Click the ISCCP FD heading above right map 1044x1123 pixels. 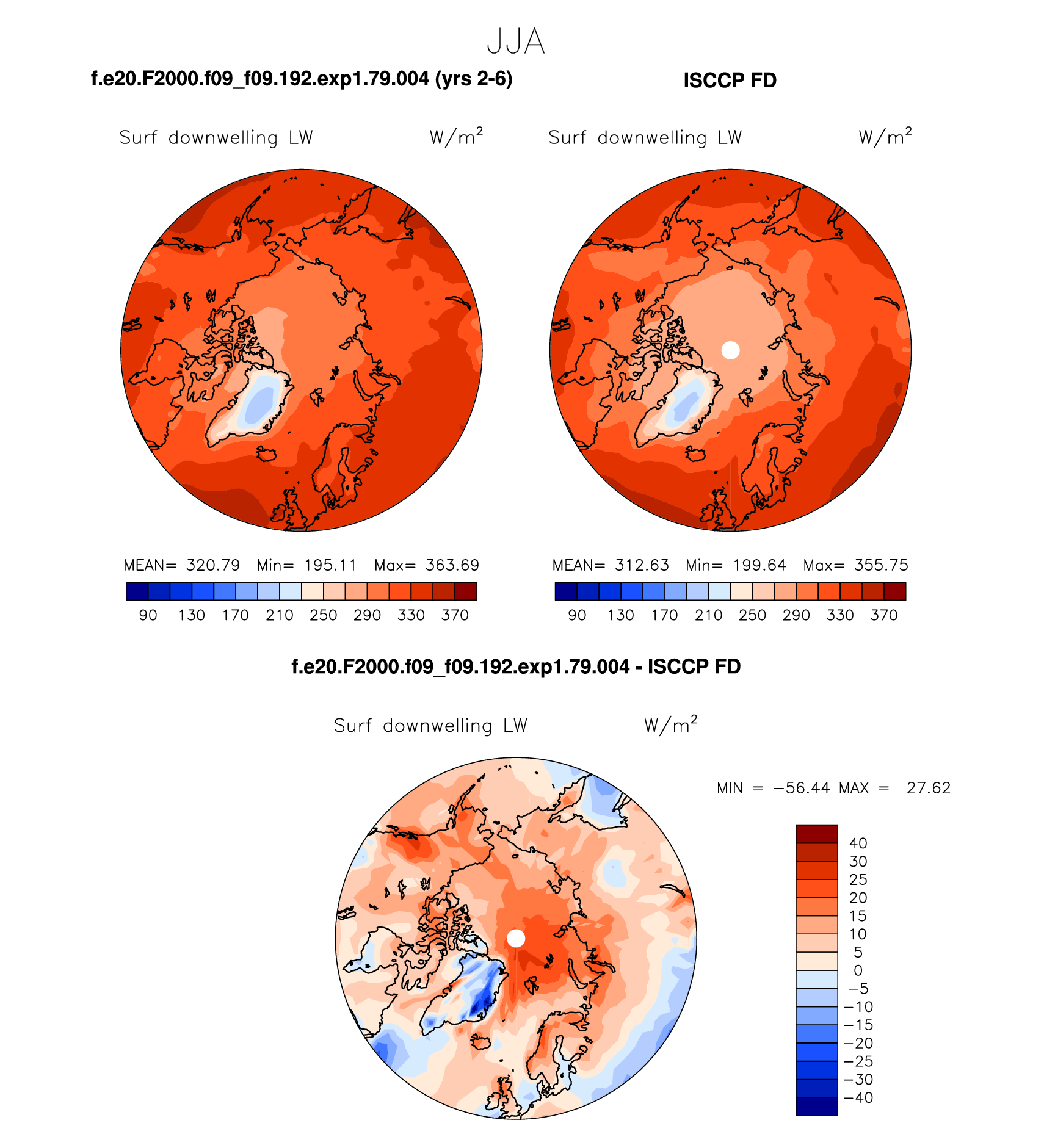pos(730,81)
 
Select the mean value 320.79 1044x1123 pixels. pos(213,565)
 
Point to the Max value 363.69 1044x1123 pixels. pos(452,565)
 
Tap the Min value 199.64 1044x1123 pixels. pos(759,565)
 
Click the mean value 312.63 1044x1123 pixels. pos(642,565)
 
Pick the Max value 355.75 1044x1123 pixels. pos(881,565)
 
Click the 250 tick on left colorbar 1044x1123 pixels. pos(323,615)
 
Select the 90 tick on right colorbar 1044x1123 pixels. pos(577,615)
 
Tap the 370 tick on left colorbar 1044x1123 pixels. pos(455,615)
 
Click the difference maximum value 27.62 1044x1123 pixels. pos(929,788)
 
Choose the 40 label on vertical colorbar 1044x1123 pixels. pos(858,843)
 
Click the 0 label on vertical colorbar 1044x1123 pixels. pos(858,970)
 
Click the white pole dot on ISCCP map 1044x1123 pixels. pos(730,350)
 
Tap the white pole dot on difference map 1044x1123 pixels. pos(516,938)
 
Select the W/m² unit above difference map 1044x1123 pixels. pos(670,724)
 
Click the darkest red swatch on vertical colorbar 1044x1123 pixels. pos(816,834)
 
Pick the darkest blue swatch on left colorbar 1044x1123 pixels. pos(137,591)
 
